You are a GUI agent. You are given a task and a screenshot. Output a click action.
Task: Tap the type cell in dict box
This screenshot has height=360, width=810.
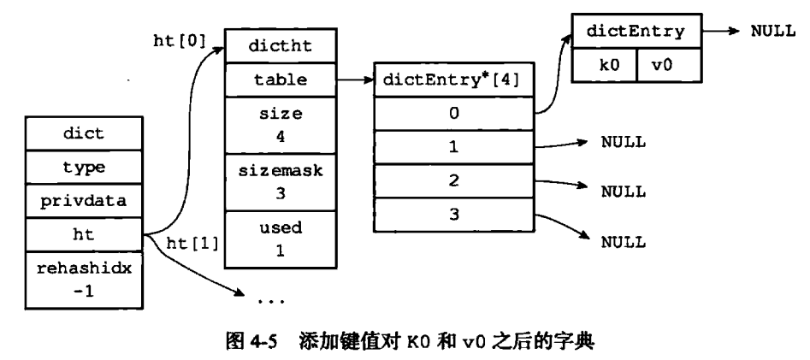click(83, 168)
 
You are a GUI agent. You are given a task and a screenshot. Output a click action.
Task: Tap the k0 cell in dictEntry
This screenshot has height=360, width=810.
click(604, 65)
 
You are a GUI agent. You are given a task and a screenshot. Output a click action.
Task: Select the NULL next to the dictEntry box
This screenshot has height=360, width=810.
click(772, 30)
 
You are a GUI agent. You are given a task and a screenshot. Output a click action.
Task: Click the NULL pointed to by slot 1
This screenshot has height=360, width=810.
click(622, 142)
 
